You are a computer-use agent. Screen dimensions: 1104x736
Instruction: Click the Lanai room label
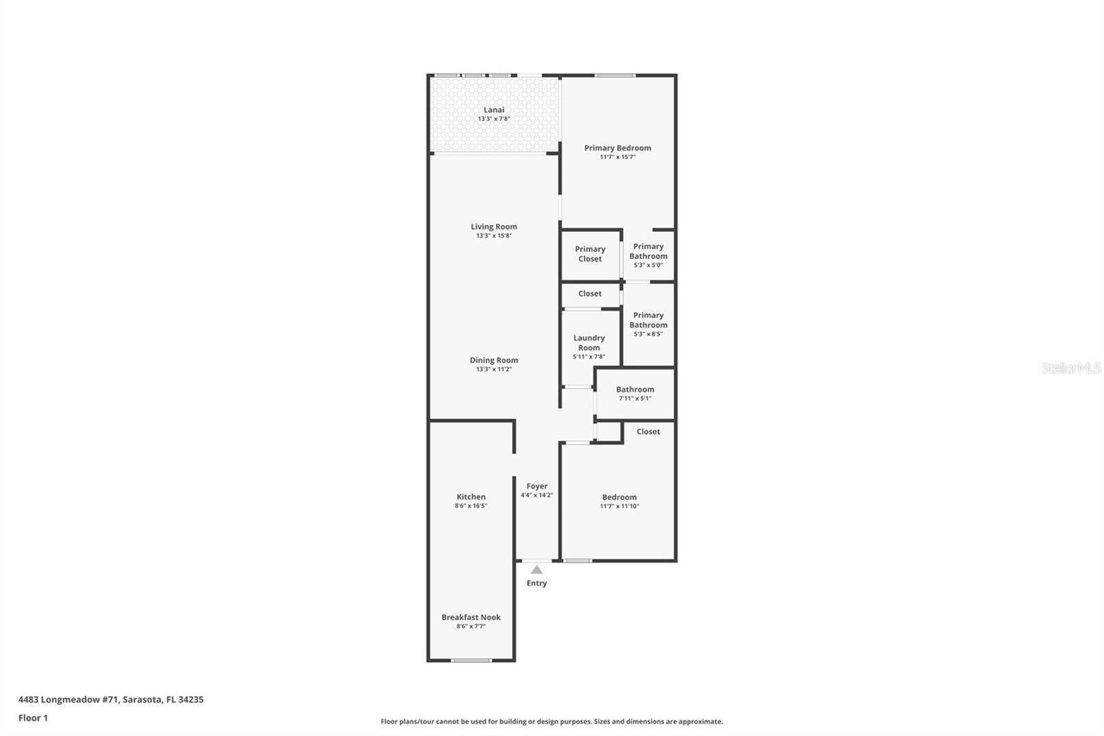pos(493,110)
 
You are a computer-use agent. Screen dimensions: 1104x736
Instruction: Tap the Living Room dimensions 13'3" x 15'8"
pos(494,236)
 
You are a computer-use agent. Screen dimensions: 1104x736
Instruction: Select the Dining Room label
pos(494,360)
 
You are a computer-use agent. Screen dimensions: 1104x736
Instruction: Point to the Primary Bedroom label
pos(618,148)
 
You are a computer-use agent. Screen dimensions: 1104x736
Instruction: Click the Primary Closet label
pos(590,254)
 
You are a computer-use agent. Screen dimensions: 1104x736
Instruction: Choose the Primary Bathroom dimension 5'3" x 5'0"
pos(648,265)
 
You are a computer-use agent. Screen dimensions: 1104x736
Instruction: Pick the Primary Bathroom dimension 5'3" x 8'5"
pos(648,334)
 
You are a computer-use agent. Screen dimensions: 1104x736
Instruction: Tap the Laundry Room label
pos(589,343)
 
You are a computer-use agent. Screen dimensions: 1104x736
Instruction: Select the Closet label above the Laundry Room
pos(590,293)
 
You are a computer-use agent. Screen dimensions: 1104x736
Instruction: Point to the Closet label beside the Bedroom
pos(648,432)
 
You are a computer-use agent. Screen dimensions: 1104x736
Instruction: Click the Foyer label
pos(537,486)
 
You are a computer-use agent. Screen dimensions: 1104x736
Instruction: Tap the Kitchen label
pos(471,496)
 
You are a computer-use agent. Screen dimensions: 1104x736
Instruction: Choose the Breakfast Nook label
pos(471,617)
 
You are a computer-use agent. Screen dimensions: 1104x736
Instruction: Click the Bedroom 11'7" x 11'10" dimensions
pos(619,506)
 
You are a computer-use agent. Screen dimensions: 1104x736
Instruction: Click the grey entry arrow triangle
pos(537,570)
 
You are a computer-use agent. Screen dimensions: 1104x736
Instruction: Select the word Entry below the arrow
pos(537,583)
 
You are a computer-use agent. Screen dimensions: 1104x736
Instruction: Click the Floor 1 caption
pos(33,718)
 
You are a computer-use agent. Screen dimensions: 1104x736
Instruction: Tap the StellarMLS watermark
pos(1072,367)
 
